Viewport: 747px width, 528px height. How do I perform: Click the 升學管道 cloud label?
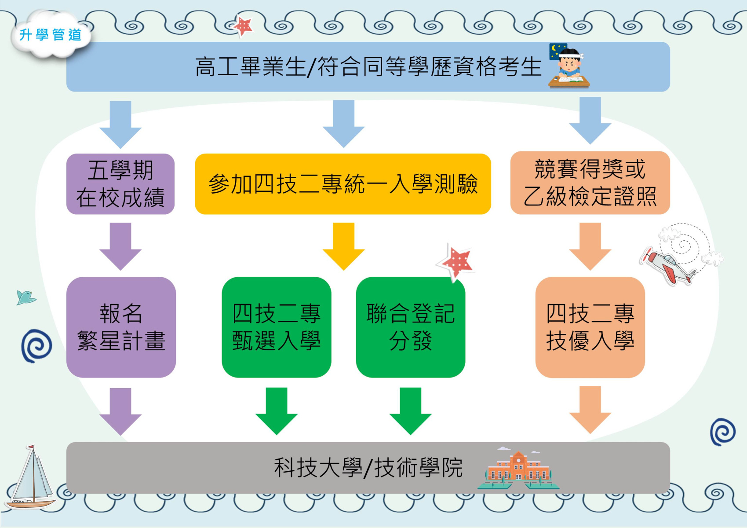tap(50, 35)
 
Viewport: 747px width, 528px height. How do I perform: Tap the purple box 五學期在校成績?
tap(120, 184)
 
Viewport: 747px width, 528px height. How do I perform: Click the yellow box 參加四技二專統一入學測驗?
tap(343, 184)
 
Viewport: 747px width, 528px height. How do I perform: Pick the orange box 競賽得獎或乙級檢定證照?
tap(590, 183)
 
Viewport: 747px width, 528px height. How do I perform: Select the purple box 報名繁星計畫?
tap(121, 327)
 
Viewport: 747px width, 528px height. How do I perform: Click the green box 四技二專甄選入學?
tap(276, 327)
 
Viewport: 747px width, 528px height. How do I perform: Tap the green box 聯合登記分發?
tap(410, 327)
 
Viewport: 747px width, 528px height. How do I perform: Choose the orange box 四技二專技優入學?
tap(590, 327)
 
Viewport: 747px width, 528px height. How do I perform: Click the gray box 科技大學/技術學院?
tap(368, 467)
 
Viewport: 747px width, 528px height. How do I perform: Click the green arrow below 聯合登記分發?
tap(410, 410)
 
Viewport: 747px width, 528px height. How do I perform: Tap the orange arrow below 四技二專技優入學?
tap(590, 409)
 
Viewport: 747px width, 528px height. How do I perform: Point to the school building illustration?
tap(518, 470)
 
